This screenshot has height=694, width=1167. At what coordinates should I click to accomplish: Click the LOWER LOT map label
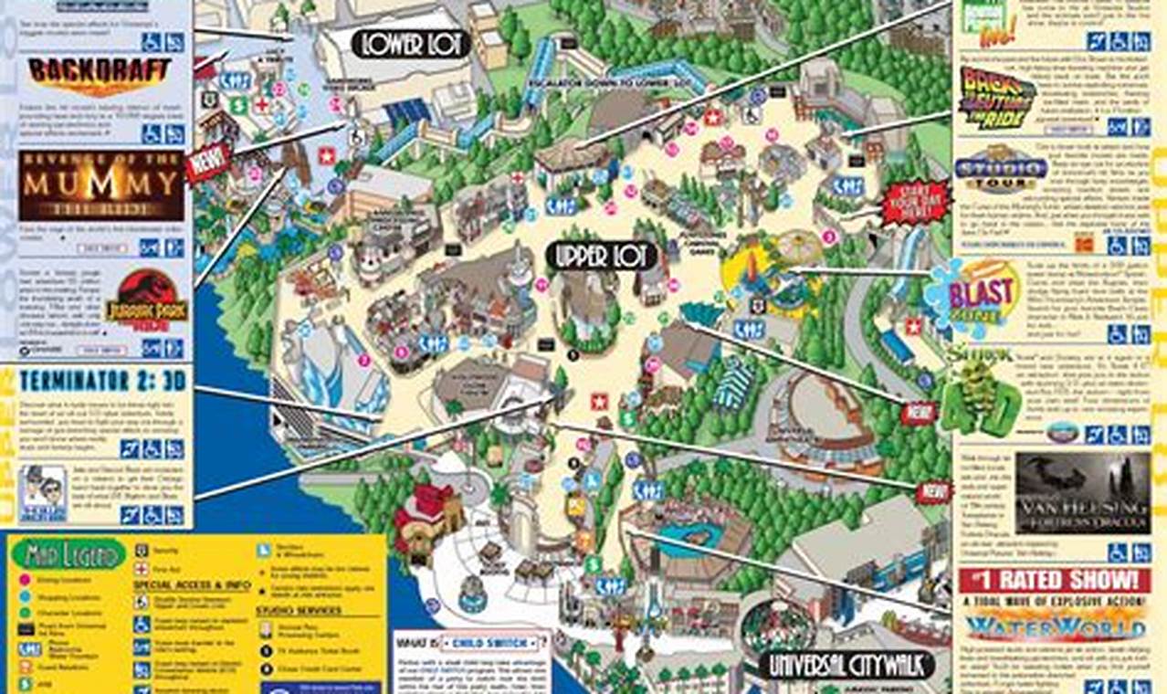pyautogui.click(x=411, y=44)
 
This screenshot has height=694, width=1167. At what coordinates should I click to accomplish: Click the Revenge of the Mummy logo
pyautogui.click(x=100, y=186)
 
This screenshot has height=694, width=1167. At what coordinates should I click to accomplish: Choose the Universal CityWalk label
pyautogui.click(x=850, y=663)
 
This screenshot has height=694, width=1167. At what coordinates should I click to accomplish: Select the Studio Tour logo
pyautogui.click(x=1000, y=170)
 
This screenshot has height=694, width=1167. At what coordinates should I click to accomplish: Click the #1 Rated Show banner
pyautogui.click(x=1054, y=580)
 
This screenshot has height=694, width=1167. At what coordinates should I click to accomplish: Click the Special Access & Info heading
pyautogui.click(x=185, y=584)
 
